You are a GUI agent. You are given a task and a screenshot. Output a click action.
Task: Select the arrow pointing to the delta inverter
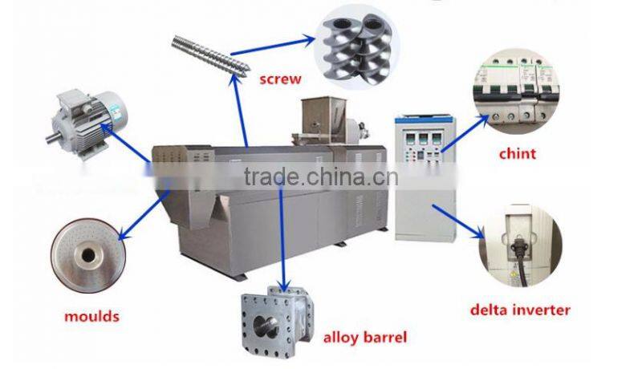click(x=457, y=221)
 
